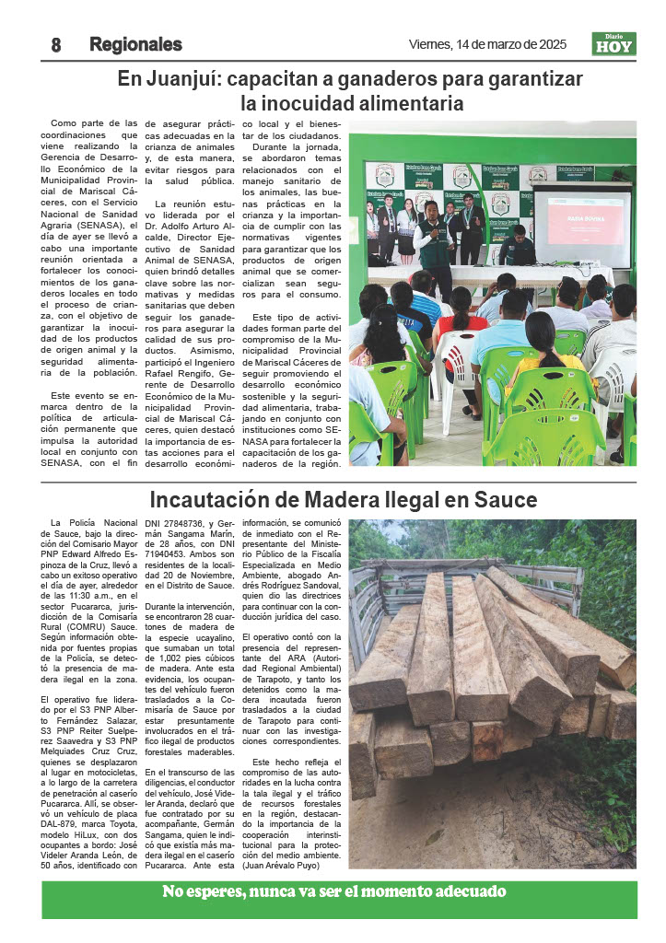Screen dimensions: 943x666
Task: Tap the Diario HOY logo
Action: (x=613, y=44)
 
